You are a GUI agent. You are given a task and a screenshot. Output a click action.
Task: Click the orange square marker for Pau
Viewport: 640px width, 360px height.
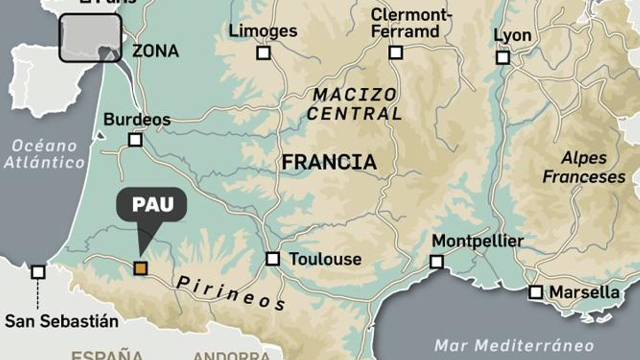pyautogui.click(x=140, y=268)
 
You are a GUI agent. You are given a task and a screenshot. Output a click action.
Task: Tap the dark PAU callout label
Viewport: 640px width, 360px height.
pyautogui.click(x=152, y=204)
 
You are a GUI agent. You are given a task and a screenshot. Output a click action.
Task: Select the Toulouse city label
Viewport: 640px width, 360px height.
pyautogui.click(x=325, y=259)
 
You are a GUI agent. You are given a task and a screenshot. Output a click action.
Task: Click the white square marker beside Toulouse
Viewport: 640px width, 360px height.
pyautogui.click(x=273, y=259)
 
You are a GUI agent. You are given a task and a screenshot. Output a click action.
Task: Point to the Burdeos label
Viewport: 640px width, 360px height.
pyautogui.click(x=137, y=119)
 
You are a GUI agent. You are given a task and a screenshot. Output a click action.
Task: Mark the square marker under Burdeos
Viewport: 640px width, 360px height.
pyautogui.click(x=135, y=140)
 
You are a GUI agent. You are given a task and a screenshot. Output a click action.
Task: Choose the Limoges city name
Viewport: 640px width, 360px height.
pyautogui.click(x=263, y=31)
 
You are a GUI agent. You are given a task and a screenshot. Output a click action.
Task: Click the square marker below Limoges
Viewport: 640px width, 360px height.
pyautogui.click(x=263, y=52)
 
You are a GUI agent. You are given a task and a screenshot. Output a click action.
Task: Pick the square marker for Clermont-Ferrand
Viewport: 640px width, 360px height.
pyautogui.click(x=396, y=52)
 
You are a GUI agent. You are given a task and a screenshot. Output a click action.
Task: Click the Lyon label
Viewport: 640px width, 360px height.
pyautogui.click(x=512, y=35)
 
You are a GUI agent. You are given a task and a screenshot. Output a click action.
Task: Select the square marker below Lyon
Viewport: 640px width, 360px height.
pyautogui.click(x=503, y=58)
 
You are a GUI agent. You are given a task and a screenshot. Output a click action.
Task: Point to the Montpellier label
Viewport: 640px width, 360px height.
pyautogui.click(x=478, y=241)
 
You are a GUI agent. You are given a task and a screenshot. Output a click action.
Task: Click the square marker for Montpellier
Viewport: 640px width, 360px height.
pyautogui.click(x=436, y=262)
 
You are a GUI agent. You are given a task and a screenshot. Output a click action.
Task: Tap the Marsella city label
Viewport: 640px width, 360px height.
pyautogui.click(x=584, y=292)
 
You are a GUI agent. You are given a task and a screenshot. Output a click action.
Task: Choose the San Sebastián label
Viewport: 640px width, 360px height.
pyautogui.click(x=62, y=321)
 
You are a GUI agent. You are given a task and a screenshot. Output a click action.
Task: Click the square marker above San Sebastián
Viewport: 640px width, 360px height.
pyautogui.click(x=38, y=272)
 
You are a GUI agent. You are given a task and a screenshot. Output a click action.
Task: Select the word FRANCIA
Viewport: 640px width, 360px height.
pyautogui.click(x=329, y=162)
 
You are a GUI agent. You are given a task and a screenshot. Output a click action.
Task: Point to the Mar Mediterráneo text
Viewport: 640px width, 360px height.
pyautogui.click(x=514, y=345)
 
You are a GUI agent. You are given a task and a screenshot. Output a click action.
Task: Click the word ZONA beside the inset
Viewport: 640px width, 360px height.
pyautogui.click(x=155, y=51)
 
